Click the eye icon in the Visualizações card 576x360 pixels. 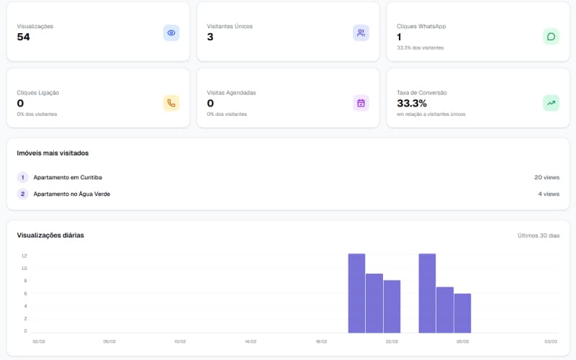(x=171, y=33)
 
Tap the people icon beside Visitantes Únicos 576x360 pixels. (x=361, y=33)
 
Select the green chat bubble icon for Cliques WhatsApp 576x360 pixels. (x=551, y=36)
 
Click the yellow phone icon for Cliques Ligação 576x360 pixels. (x=171, y=103)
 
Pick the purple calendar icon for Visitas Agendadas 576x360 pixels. (x=361, y=103)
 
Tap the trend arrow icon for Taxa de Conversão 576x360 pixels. (x=551, y=103)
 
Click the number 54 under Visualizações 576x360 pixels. (x=24, y=37)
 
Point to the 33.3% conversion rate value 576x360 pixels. (x=412, y=103)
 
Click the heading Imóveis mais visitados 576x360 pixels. (x=53, y=153)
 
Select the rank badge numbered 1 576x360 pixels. (x=22, y=177)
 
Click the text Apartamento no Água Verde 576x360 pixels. (x=72, y=194)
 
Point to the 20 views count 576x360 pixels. (x=546, y=177)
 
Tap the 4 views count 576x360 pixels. (x=549, y=194)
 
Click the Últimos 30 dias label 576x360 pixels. (x=539, y=235)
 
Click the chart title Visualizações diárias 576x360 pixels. (x=50, y=235)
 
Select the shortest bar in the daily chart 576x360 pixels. (x=462, y=313)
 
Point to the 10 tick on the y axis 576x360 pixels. (x=24, y=268)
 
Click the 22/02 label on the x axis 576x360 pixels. (x=392, y=341)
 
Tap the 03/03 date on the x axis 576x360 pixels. (x=551, y=341)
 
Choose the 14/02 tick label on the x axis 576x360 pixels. (x=251, y=341)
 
